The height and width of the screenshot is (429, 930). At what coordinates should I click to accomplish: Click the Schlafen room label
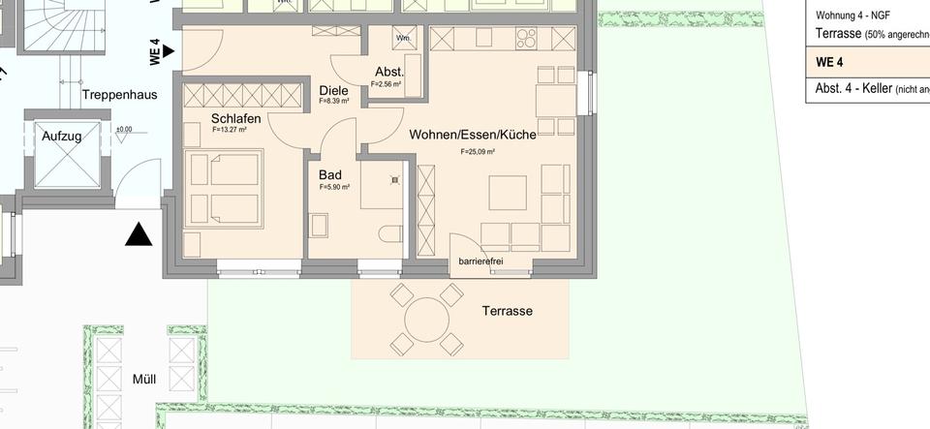[236, 118]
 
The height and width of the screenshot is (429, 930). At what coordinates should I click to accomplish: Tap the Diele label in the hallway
[333, 90]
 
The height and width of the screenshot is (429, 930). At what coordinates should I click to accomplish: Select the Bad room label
[330, 175]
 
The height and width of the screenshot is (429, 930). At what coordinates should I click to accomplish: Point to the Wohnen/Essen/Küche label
[472, 135]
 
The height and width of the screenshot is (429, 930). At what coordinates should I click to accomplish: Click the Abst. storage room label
[389, 73]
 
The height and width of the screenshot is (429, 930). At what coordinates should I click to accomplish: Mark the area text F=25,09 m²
[479, 152]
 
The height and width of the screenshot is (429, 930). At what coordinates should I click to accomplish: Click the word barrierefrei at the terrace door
[480, 261]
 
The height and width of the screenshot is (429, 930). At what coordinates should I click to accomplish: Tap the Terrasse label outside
[508, 311]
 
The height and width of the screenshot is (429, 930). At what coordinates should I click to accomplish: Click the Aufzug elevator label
[61, 137]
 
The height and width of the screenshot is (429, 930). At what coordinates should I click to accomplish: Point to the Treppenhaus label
[119, 95]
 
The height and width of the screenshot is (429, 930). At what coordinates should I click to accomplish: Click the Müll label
[143, 379]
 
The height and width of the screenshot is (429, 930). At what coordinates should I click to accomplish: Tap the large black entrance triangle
[140, 234]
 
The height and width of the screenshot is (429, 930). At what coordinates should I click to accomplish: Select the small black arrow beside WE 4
[170, 49]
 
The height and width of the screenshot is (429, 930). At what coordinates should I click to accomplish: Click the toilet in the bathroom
[391, 233]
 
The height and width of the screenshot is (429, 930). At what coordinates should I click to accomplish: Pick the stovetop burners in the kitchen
[528, 39]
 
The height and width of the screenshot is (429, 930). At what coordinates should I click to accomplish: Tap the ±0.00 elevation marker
[124, 129]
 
